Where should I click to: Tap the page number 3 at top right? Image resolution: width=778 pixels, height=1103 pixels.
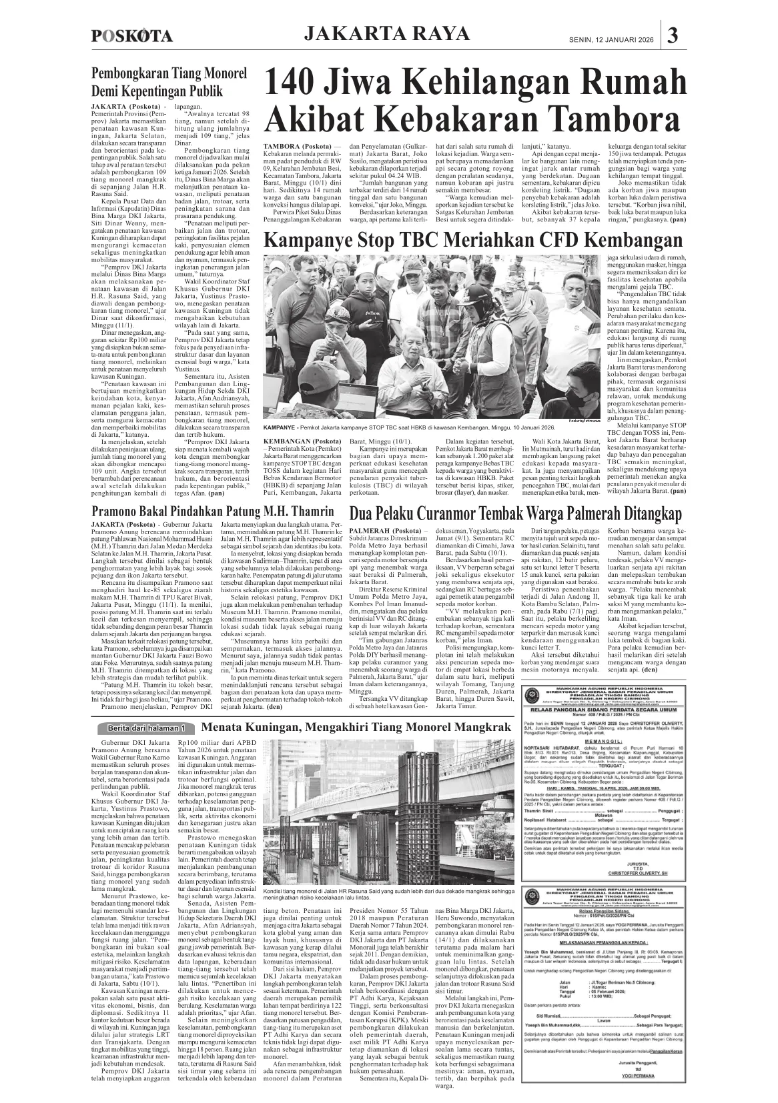point(673,35)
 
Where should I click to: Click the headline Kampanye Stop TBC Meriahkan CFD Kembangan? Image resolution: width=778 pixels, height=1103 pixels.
point(474,240)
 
